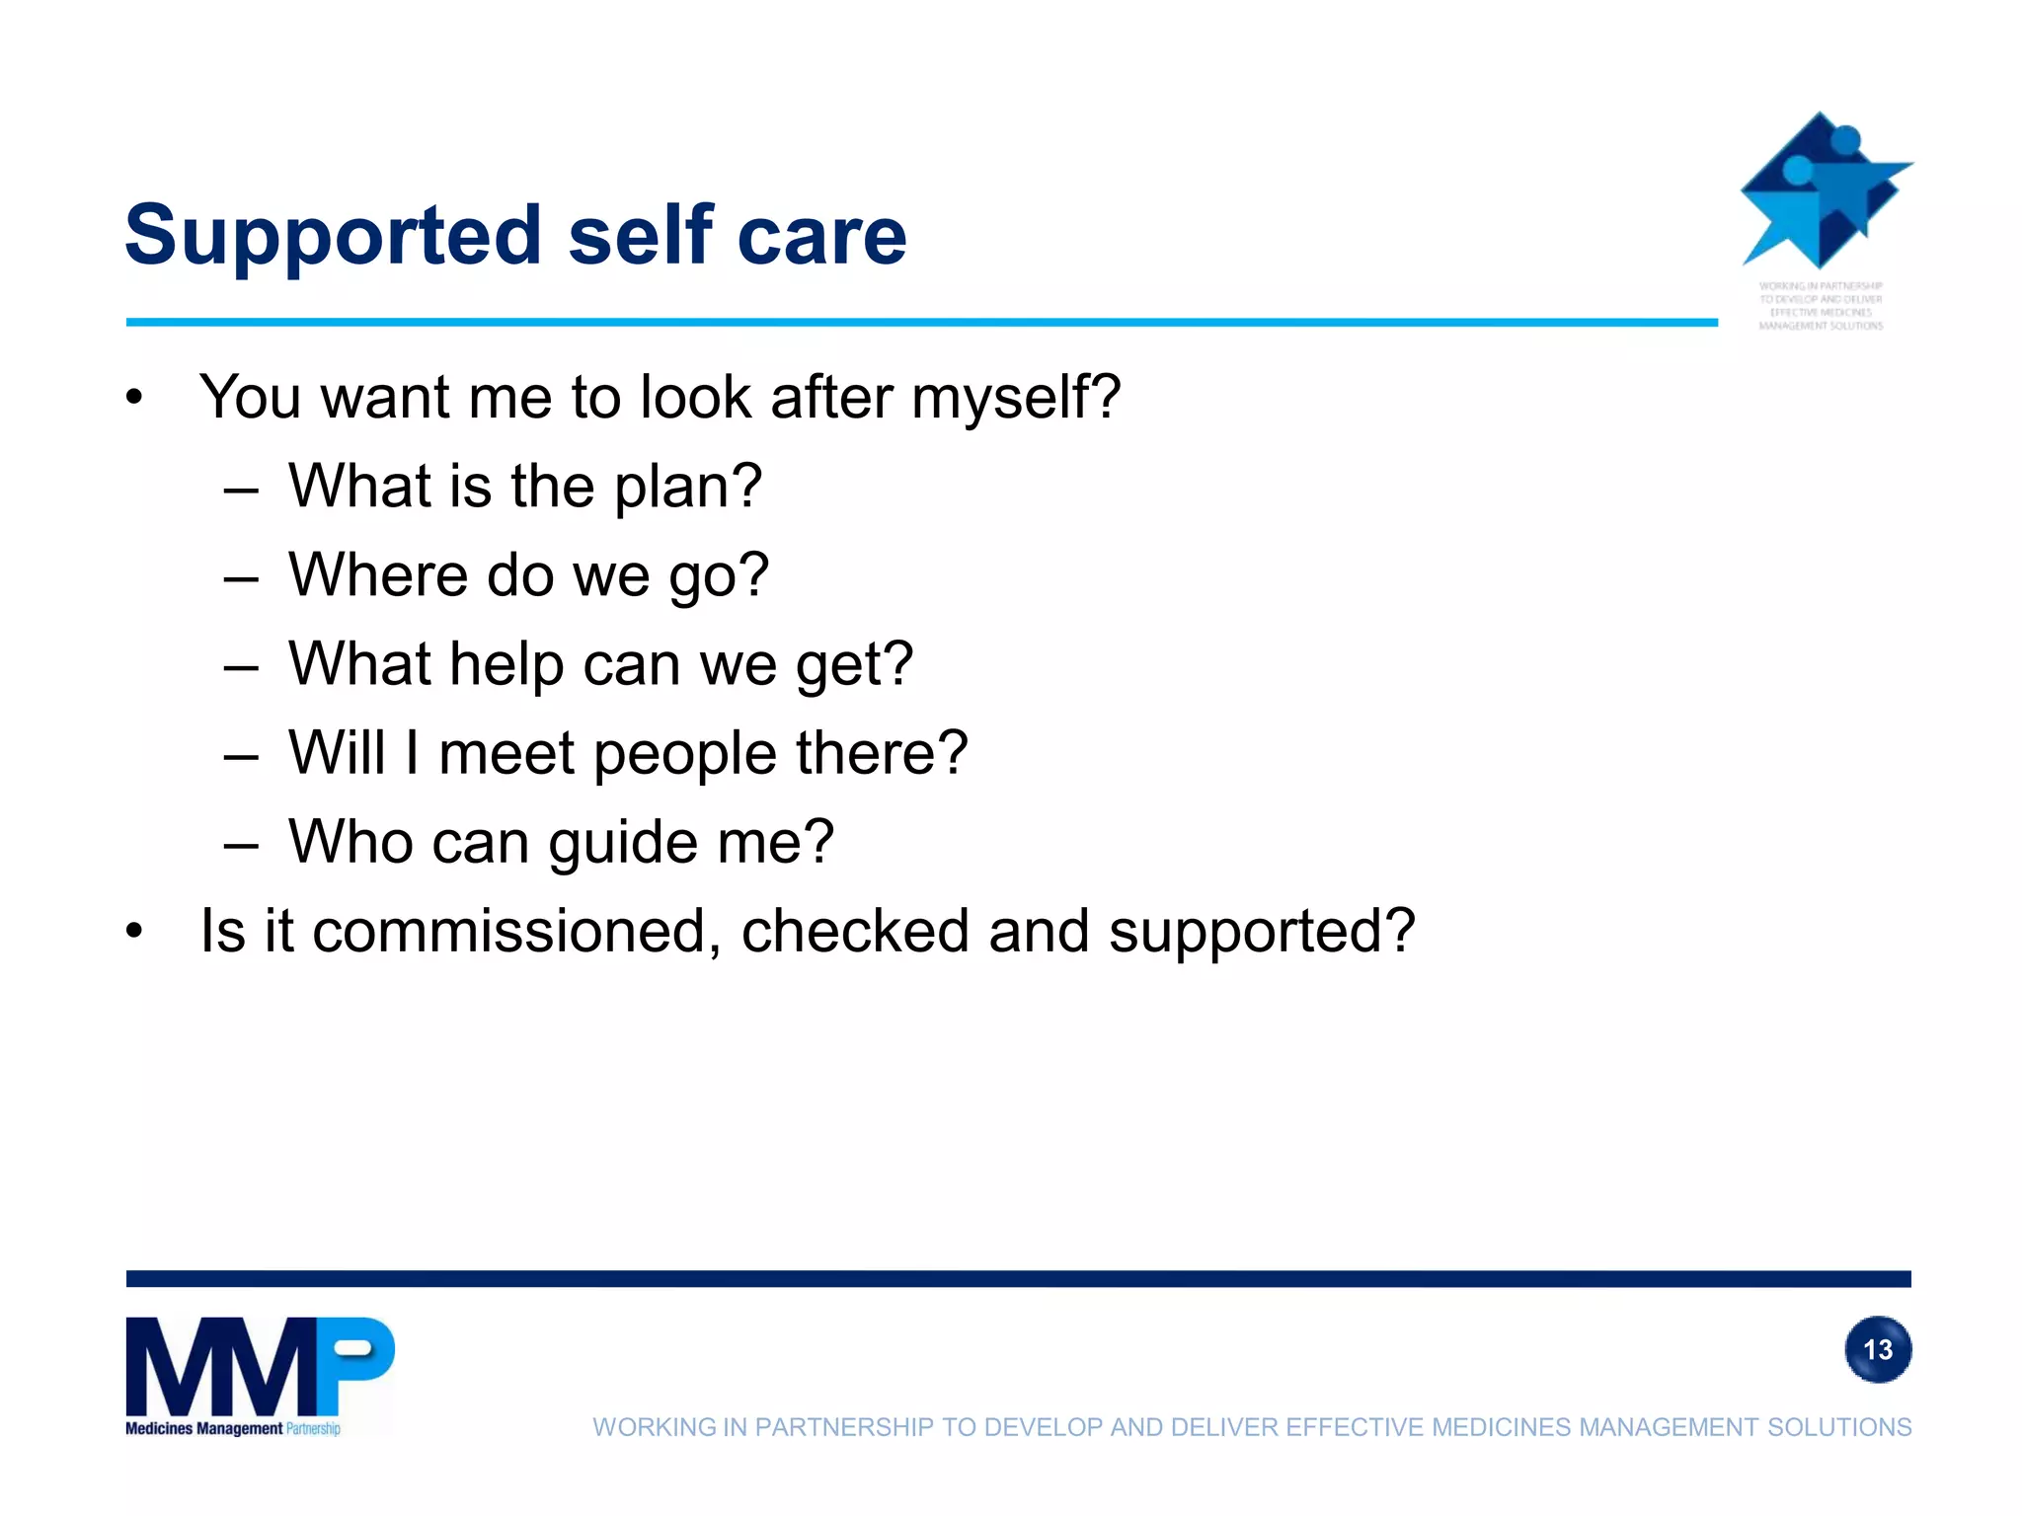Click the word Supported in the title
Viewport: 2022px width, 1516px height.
(333, 235)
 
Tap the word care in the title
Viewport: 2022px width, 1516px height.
(821, 235)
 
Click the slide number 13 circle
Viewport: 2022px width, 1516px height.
(1877, 1349)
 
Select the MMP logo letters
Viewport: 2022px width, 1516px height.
(259, 1366)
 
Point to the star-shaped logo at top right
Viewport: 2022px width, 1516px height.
(1824, 191)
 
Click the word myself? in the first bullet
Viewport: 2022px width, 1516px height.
(1016, 397)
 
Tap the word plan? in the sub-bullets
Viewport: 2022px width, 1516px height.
(688, 487)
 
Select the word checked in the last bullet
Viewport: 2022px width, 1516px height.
(855, 931)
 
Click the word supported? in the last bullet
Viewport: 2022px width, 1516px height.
(1262, 931)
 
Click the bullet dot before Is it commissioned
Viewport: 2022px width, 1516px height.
(135, 931)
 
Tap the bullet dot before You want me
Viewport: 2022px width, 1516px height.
(135, 398)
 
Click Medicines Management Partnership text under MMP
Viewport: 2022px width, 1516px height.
(233, 1428)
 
